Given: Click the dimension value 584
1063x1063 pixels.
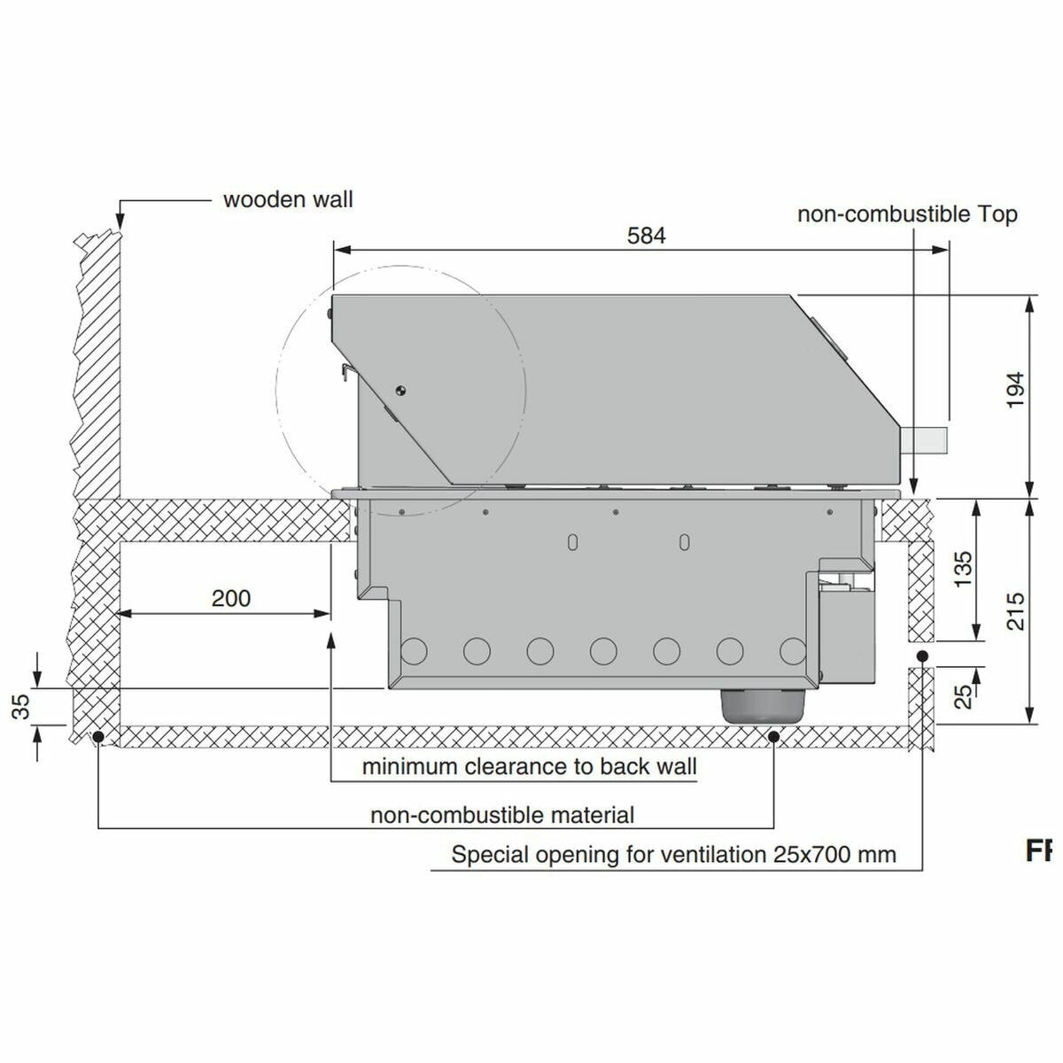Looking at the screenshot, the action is (646, 236).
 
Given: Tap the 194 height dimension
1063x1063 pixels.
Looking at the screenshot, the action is (1015, 390).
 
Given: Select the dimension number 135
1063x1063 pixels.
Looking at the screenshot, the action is (963, 569).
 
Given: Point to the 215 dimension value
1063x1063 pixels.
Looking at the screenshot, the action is (1015, 611).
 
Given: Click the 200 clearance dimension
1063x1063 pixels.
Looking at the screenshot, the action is (231, 598).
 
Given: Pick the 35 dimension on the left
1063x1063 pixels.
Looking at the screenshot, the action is (20, 707).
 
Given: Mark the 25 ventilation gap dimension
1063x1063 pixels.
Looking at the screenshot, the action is (963, 697).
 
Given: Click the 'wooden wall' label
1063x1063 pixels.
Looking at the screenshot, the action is (288, 199).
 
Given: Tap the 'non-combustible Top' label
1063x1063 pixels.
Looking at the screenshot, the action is (907, 214).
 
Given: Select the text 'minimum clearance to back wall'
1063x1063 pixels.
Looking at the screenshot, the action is (530, 766).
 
